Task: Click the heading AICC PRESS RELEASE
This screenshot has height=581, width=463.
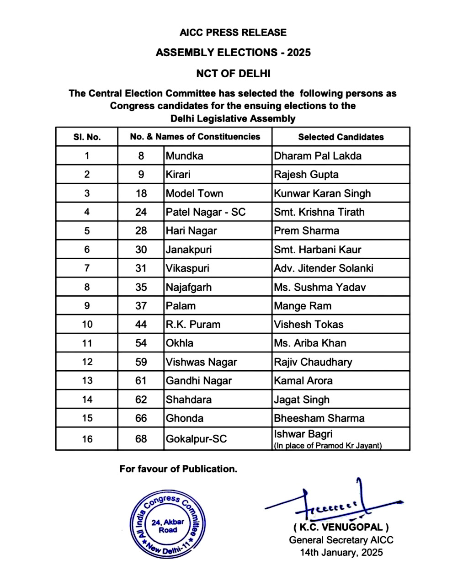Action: pyautogui.click(x=233, y=32)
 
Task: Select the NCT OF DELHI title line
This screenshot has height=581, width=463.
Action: pyautogui.click(x=233, y=74)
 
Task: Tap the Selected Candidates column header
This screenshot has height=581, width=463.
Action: pyautogui.click(x=341, y=137)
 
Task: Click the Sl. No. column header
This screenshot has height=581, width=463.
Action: pyautogui.click(x=87, y=137)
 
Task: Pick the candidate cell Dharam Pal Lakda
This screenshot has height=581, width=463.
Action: pyautogui.click(x=318, y=156)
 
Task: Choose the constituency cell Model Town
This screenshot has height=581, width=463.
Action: pyautogui.click(x=195, y=193)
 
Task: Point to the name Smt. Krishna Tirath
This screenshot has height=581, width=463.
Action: pyautogui.click(x=319, y=212)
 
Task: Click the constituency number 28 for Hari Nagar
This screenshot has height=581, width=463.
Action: pyautogui.click(x=141, y=231)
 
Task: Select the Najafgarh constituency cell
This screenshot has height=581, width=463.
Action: pyautogui.click(x=189, y=287)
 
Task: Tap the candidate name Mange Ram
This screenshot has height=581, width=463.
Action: pyautogui.click(x=303, y=306)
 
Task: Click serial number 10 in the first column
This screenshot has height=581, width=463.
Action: pyautogui.click(x=87, y=325)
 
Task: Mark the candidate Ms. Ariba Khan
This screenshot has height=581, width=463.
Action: pyautogui.click(x=310, y=343)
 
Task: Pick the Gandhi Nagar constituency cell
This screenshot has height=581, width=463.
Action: pyautogui.click(x=199, y=381)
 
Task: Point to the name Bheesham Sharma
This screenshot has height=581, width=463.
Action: pyautogui.click(x=319, y=418)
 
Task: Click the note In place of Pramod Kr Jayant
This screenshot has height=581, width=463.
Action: pyautogui.click(x=328, y=446)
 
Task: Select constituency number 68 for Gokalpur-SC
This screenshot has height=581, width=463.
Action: pyautogui.click(x=141, y=439)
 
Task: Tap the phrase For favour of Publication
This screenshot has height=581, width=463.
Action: pyautogui.click(x=178, y=469)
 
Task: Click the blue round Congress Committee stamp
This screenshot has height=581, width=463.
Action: pyautogui.click(x=167, y=524)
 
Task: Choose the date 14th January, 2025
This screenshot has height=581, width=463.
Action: pyautogui.click(x=341, y=552)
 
